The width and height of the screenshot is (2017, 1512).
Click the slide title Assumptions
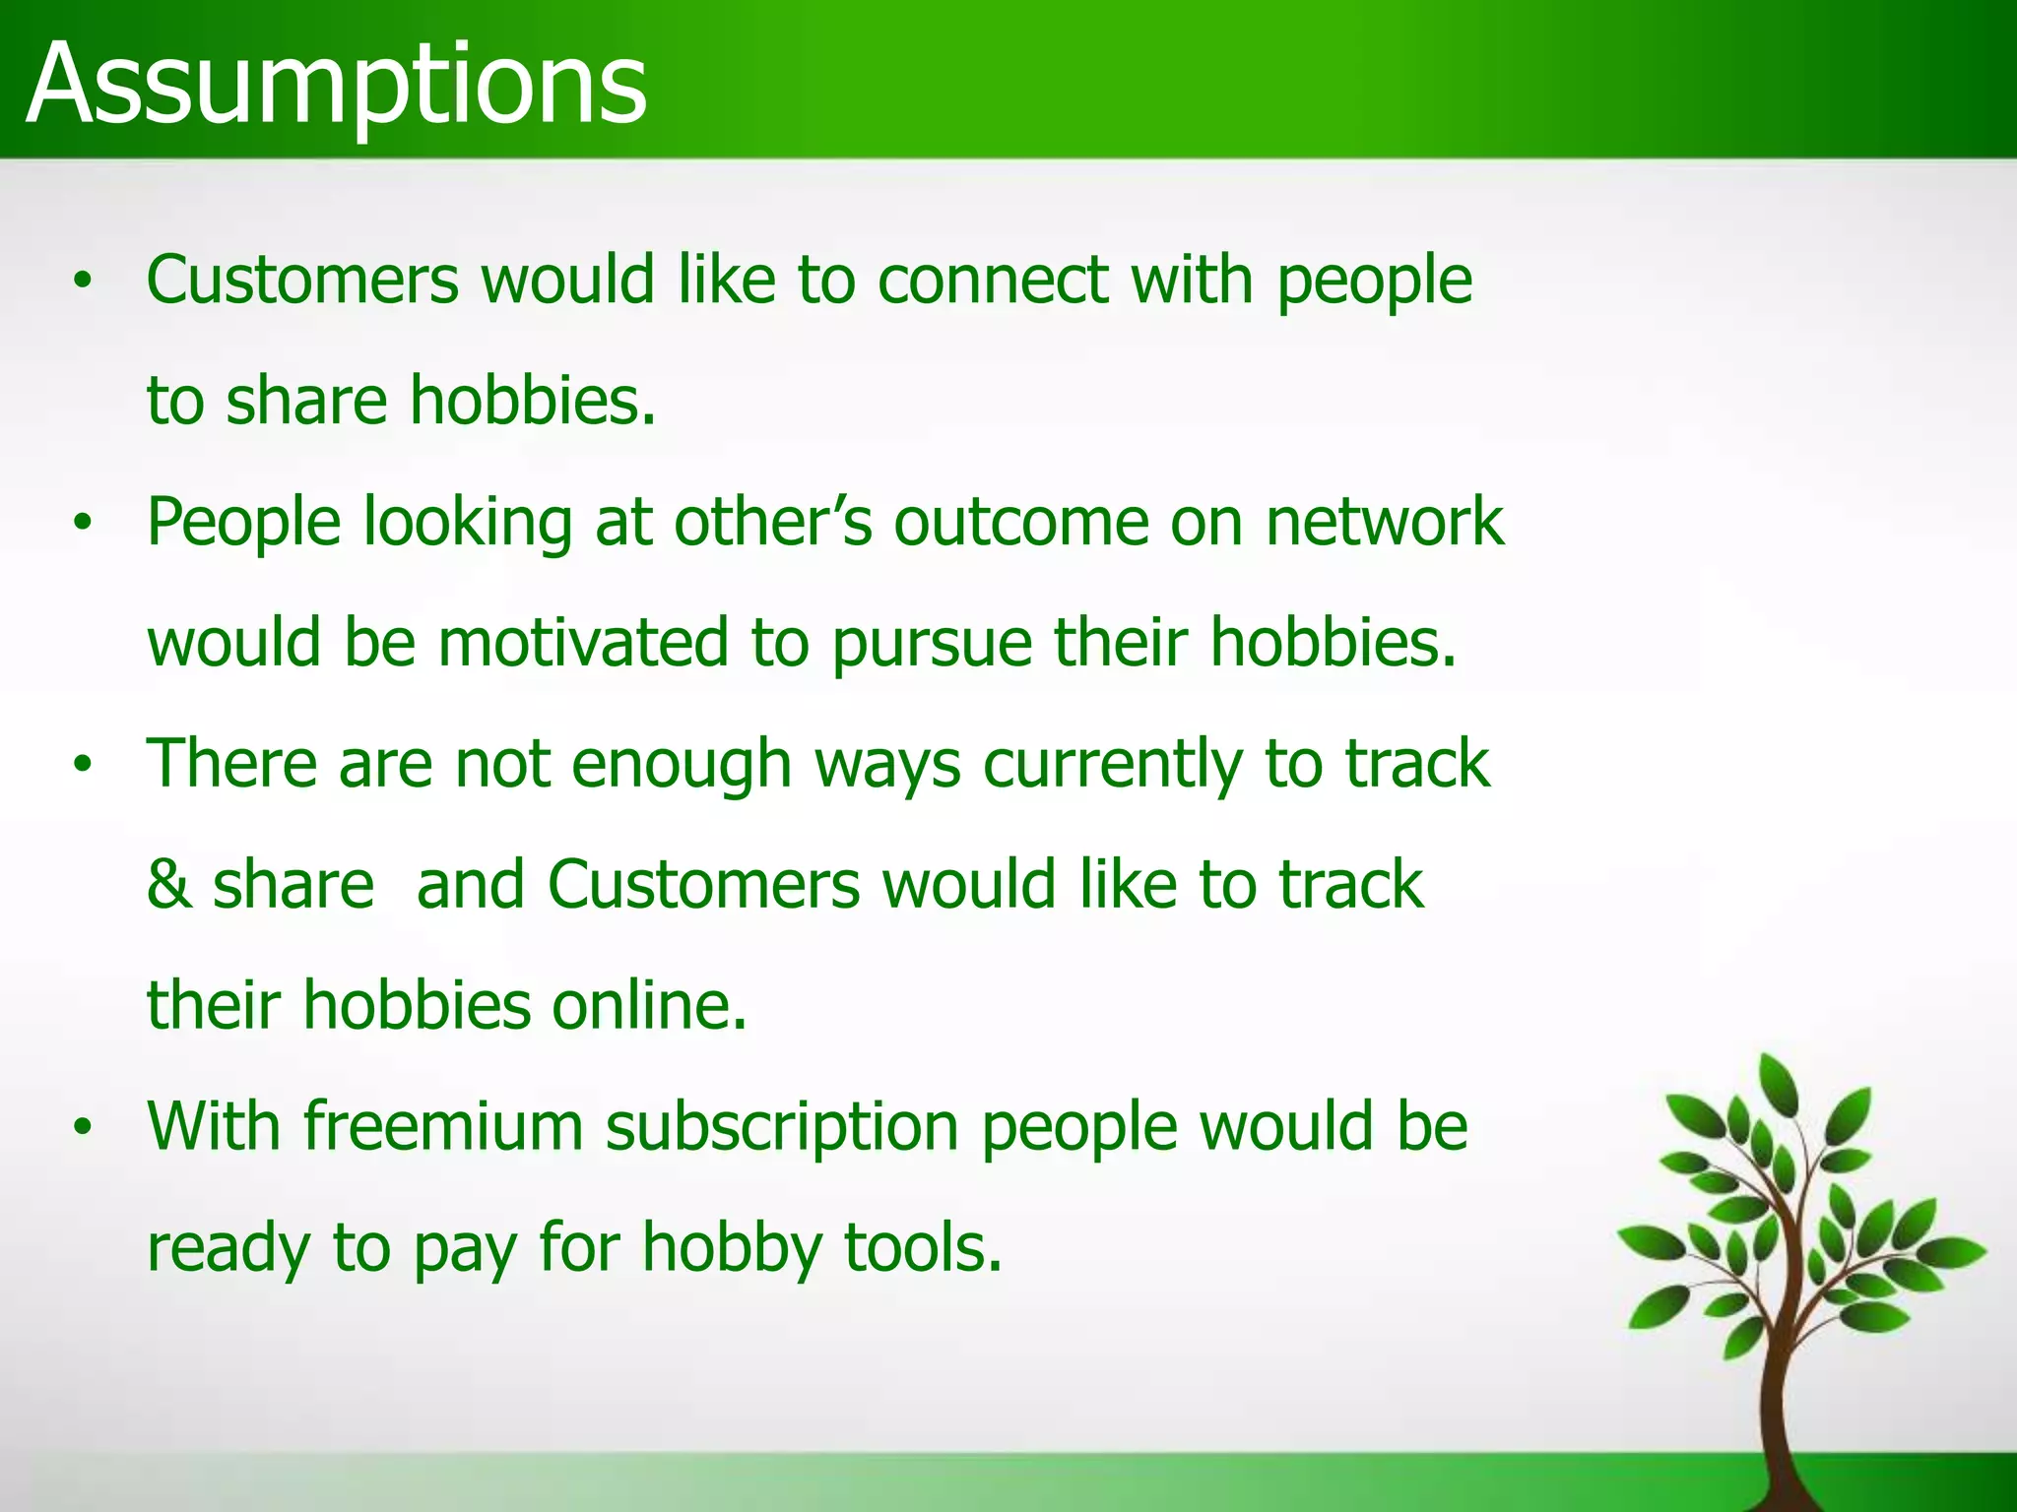pyautogui.click(x=336, y=87)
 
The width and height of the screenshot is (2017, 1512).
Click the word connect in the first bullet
pyautogui.click(x=993, y=281)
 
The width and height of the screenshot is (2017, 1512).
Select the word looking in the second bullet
pyautogui.click(x=468, y=522)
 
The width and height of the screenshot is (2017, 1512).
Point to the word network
pyautogui.click(x=1384, y=522)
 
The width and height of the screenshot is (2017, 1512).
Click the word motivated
pyautogui.click(x=583, y=643)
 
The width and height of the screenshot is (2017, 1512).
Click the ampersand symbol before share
pyautogui.click(x=168, y=884)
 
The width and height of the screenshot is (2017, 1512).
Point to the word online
pyautogui.click(x=648, y=1005)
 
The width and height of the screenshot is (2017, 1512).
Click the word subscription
pyautogui.click(x=781, y=1128)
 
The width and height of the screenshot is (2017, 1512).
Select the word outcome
pyautogui.click(x=1020, y=522)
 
